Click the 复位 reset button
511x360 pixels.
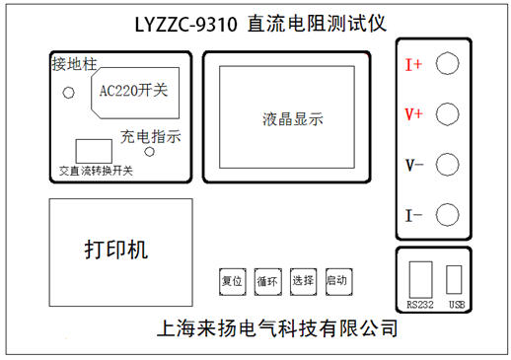point(232,281)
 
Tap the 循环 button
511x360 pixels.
point(267,281)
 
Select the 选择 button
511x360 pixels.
point(303,281)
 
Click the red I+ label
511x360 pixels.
point(413,65)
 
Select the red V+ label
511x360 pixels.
point(413,115)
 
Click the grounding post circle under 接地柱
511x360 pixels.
point(69,94)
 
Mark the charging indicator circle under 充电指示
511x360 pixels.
point(149,152)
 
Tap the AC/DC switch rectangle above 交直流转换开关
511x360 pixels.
point(93,150)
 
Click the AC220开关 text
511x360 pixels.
point(134,91)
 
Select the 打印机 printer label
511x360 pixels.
point(114,249)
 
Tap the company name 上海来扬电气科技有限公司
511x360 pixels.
point(277,327)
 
